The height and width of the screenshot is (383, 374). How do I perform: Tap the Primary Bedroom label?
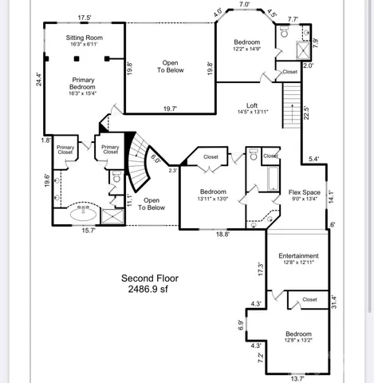point(84,85)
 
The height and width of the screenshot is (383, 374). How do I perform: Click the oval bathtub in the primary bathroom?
point(84,214)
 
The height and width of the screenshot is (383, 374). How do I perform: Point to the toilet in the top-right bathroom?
point(284,33)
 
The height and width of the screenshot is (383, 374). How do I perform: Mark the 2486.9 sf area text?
point(150,290)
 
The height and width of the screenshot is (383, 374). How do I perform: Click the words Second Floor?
point(150,278)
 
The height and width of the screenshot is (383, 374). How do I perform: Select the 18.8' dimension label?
point(222,235)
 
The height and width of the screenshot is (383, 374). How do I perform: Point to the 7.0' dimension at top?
point(245,5)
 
